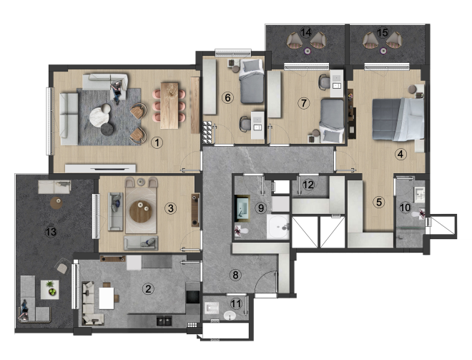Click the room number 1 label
tap(157, 142)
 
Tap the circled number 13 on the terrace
tap(51, 232)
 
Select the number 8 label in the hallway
tap(235, 275)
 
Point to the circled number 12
tap(308, 185)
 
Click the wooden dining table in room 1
tap(169, 105)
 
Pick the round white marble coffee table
tap(99, 115)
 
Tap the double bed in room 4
tap(398, 119)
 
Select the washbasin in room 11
tap(230, 316)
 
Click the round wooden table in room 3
tap(141, 212)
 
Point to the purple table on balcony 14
tap(307, 52)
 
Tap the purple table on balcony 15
tap(383, 51)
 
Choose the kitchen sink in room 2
tap(164, 321)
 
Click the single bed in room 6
tap(252, 82)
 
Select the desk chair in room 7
tap(324, 82)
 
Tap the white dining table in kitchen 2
tap(107, 298)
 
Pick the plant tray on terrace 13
tap(49, 290)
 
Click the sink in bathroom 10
tap(420, 195)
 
